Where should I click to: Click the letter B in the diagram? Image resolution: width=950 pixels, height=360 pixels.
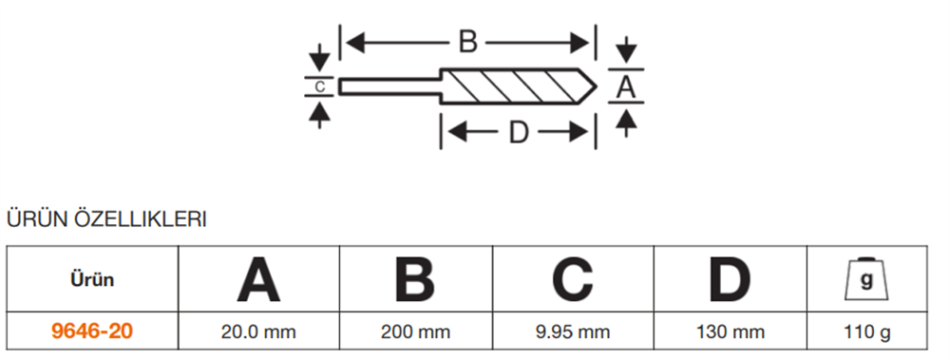(467, 42)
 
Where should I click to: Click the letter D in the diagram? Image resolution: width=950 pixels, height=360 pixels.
(518, 132)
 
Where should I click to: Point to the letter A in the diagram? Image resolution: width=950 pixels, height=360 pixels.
(625, 87)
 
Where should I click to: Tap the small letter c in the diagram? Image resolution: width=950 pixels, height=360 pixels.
(320, 86)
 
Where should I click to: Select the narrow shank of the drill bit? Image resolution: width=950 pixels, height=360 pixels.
(389, 87)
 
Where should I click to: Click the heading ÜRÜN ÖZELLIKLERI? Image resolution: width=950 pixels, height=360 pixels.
(106, 219)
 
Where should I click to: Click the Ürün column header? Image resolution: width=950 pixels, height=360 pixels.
(92, 279)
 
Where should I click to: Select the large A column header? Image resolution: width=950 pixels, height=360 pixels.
(258, 279)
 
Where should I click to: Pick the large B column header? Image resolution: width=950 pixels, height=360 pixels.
(413, 279)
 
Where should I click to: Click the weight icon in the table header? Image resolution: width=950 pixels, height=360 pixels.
(866, 279)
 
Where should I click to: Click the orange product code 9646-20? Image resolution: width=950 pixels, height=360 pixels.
(92, 332)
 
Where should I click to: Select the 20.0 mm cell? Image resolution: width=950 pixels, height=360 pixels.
(258, 332)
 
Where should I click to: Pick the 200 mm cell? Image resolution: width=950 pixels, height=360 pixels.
(413, 332)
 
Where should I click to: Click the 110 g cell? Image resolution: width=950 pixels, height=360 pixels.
(866, 332)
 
